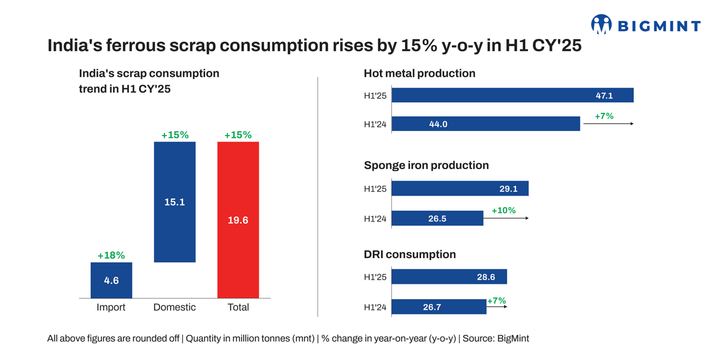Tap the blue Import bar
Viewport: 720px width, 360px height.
pos(112,280)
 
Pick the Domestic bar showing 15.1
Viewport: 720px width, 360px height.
pos(175,202)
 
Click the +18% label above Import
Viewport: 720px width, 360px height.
pos(112,256)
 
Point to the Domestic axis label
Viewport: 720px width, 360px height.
pos(175,307)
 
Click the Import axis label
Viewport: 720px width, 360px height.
pos(111,307)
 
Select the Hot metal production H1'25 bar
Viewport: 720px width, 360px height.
pos(512,95)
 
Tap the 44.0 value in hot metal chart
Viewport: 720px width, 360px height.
pos(439,124)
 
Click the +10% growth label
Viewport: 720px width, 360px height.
pos(503,211)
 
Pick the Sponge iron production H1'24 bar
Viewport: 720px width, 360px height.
pos(437,218)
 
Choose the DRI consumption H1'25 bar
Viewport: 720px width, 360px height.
pos(449,277)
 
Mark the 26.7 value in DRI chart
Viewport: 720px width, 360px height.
pos(432,307)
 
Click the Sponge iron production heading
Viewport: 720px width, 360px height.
pos(426,165)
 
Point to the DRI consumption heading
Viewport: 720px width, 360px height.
pos(410,254)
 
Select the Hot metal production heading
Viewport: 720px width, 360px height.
pos(419,73)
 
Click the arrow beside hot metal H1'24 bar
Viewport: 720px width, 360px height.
pos(607,124)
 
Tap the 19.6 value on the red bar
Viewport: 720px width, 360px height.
pos(238,220)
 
